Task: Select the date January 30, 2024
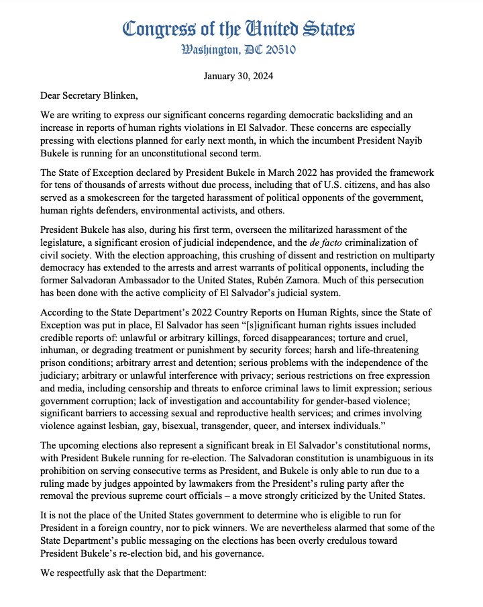(241, 76)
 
